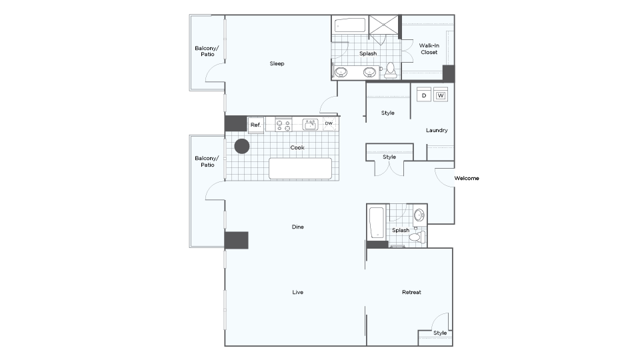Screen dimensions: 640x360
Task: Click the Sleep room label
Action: pyautogui.click(x=277, y=63)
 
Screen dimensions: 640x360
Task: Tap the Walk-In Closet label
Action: pyautogui.click(x=429, y=49)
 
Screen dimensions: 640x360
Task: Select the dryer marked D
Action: pyautogui.click(x=424, y=95)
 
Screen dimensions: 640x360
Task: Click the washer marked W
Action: pyautogui.click(x=441, y=95)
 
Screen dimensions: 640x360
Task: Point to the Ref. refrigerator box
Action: pyautogui.click(x=256, y=125)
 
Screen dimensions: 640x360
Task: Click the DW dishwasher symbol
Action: pyautogui.click(x=329, y=124)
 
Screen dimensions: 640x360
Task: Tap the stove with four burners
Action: pyautogui.click(x=284, y=125)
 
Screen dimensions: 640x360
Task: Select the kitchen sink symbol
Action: pyautogui.click(x=310, y=124)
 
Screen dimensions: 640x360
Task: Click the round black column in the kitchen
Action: pyautogui.click(x=241, y=146)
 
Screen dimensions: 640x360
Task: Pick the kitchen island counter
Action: pyautogui.click(x=301, y=169)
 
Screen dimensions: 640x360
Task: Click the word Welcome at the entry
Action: pyautogui.click(x=467, y=179)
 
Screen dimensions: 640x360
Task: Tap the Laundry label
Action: pyautogui.click(x=437, y=130)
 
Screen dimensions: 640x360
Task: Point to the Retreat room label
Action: pyautogui.click(x=411, y=292)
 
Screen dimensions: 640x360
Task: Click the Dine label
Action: pyautogui.click(x=297, y=227)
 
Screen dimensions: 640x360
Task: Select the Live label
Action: pyautogui.click(x=297, y=292)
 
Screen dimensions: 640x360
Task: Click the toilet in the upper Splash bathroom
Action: pyautogui.click(x=391, y=70)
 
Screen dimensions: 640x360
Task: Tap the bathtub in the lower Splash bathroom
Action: pyautogui.click(x=377, y=223)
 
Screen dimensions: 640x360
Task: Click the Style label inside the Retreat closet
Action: pyautogui.click(x=440, y=333)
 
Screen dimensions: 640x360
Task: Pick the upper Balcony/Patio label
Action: pyautogui.click(x=207, y=51)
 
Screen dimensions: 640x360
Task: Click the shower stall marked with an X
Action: pyautogui.click(x=383, y=25)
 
